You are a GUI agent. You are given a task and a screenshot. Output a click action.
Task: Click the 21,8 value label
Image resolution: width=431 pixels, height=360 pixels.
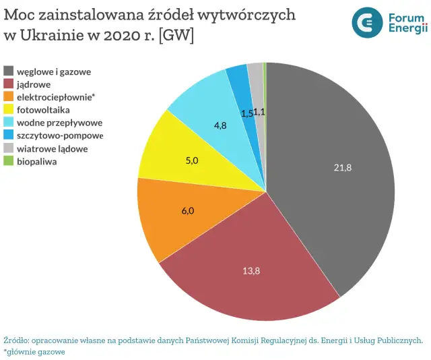(342, 167)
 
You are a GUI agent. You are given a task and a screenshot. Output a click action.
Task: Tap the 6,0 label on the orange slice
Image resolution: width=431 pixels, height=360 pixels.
(188, 210)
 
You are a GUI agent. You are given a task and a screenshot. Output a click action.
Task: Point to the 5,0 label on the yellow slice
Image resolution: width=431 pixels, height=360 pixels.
(191, 160)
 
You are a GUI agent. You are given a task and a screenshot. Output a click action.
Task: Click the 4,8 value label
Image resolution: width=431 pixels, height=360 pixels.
(220, 125)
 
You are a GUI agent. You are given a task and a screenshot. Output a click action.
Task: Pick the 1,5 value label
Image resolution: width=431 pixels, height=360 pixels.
(246, 113)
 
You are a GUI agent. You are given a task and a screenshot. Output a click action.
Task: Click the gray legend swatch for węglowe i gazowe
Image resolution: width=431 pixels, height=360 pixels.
(9, 71)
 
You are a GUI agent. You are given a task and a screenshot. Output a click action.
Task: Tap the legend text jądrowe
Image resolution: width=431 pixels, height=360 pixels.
(36, 84)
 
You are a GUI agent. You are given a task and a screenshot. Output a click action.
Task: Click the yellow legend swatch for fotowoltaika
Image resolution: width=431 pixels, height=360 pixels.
(9, 109)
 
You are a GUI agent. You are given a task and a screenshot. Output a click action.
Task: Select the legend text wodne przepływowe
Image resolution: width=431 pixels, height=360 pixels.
(59, 122)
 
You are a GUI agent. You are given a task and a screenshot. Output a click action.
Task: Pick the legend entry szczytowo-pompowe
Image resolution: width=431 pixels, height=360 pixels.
(60, 135)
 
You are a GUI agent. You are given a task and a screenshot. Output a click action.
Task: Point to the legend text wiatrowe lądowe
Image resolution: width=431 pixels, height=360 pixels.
(52, 148)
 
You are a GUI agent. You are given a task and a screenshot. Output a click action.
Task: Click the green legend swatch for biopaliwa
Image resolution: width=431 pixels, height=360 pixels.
(9, 161)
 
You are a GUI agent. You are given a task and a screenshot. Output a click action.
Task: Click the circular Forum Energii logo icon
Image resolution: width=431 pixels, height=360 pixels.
(367, 22)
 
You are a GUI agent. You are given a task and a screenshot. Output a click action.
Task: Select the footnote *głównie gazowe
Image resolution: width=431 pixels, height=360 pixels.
(34, 352)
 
